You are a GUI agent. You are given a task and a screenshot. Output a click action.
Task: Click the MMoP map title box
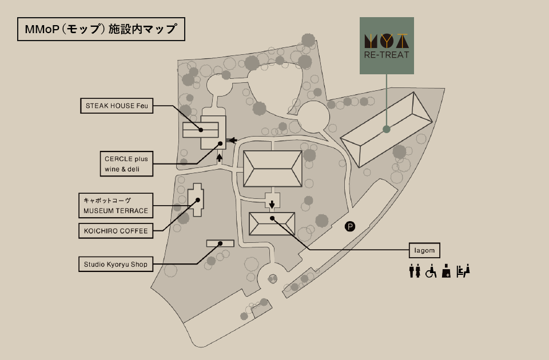coord(101,29)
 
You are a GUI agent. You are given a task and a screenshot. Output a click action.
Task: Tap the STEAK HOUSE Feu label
coord(117,106)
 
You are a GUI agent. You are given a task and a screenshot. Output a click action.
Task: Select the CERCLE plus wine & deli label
coord(125,164)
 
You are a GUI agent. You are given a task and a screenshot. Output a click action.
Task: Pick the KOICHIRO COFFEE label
coord(116,231)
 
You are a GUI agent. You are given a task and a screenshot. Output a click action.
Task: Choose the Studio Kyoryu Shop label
coord(116,264)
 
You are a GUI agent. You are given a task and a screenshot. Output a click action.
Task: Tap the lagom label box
coord(425,250)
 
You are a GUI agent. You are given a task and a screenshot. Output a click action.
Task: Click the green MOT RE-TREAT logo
coord(387,46)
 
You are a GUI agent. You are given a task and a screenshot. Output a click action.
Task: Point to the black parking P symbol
coord(350,227)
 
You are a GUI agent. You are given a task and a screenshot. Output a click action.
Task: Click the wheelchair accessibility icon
coord(431,271)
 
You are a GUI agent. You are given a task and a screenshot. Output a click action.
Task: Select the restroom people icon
coord(415,271)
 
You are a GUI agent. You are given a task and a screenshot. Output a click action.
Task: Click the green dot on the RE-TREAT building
coord(387,129)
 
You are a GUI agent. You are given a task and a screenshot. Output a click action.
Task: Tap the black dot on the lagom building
coord(273,218)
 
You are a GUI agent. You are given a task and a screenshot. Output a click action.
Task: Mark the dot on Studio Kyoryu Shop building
coord(220,243)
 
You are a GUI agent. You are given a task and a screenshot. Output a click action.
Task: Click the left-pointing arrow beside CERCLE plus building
coord(232,140)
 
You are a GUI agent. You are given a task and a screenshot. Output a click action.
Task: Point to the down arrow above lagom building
coord(272,203)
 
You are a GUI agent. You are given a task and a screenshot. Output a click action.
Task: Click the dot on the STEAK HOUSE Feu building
coord(201,130)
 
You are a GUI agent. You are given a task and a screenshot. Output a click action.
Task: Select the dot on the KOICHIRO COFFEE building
coord(198,200)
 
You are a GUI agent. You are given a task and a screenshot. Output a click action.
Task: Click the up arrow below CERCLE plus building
coord(220,157)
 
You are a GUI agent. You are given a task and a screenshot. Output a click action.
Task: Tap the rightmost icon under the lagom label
coord(463,271)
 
